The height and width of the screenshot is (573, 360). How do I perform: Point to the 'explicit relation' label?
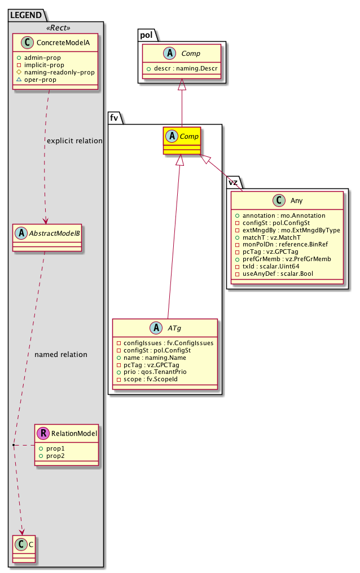[75, 140]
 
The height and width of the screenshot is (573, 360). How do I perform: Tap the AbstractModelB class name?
[52, 231]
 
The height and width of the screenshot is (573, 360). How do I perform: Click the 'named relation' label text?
[61, 355]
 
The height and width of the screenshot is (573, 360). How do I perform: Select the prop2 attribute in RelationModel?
[55, 455]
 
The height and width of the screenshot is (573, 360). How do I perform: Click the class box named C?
[23, 545]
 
